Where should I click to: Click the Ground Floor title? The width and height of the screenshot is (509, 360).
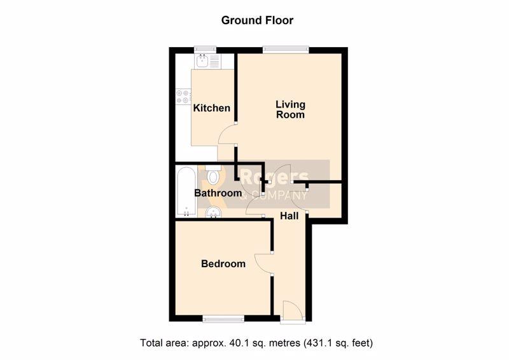click(257, 20)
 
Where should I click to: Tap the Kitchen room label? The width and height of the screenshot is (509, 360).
click(212, 107)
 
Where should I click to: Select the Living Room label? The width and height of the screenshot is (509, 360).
click(291, 109)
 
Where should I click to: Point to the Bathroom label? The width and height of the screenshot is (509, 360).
click(218, 193)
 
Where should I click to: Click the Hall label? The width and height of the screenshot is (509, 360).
click(289, 216)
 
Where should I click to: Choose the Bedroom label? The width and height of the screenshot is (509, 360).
click(223, 263)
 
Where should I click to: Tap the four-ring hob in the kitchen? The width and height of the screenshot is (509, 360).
click(183, 97)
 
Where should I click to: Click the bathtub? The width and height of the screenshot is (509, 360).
click(186, 191)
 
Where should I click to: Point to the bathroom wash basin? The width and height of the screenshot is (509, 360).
click(214, 212)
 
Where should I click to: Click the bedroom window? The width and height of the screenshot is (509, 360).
click(223, 319)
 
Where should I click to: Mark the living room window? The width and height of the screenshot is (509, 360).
click(286, 50)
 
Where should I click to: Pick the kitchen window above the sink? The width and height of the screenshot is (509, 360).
click(205, 50)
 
